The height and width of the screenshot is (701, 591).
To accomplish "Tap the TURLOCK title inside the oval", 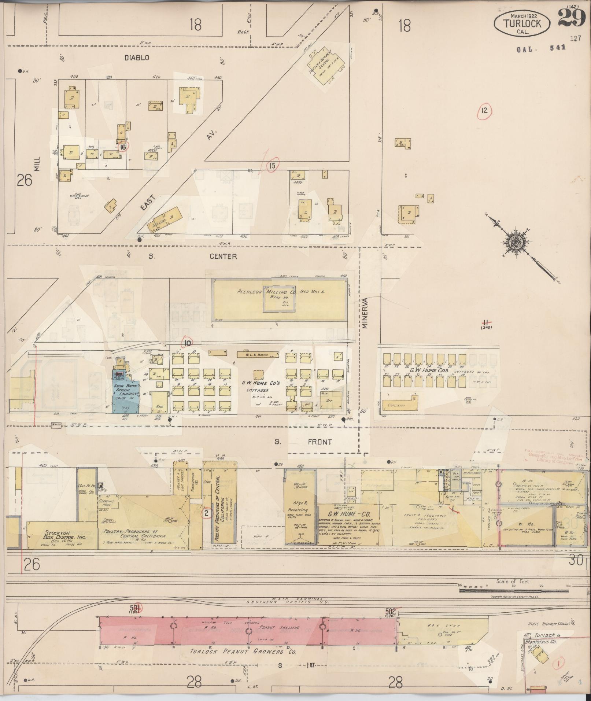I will [522, 23].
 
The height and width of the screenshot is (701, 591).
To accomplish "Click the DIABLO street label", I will [137, 58].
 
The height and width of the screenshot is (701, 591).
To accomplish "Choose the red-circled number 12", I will [484, 110].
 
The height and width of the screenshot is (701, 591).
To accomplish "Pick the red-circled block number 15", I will [272, 166].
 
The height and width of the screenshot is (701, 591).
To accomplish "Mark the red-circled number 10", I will [188, 343].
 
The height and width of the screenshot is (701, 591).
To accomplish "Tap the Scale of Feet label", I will [513, 581].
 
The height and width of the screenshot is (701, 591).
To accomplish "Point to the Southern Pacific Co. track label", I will [288, 602].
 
